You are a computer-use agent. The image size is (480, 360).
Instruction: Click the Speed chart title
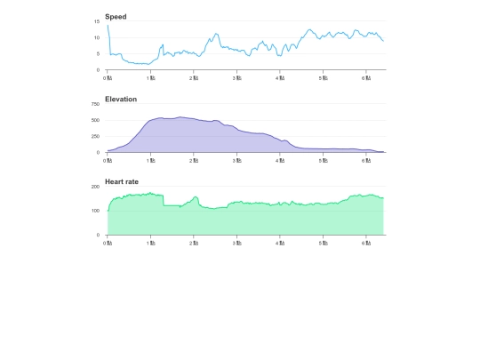(116, 17)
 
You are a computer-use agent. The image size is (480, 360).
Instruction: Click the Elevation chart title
(121, 100)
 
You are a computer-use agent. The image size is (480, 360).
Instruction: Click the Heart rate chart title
(122, 181)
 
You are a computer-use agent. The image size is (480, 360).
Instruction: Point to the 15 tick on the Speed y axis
(97, 21)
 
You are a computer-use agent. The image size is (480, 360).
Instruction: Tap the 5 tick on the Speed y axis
(99, 53)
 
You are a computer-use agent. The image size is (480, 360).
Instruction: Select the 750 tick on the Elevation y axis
(95, 104)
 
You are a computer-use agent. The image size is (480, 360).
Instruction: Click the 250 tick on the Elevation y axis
(95, 136)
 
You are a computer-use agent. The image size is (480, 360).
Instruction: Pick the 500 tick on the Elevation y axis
(95, 120)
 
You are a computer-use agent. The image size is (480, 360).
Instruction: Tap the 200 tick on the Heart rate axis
(95, 187)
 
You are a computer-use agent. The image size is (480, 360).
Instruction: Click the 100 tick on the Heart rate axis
(95, 211)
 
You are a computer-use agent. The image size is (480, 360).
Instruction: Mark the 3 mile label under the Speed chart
(237, 78)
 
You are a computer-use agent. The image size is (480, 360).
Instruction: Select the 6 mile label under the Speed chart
(366, 78)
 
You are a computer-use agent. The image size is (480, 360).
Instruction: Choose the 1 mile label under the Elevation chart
(151, 161)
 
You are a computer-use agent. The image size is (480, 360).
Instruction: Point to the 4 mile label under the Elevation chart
(280, 161)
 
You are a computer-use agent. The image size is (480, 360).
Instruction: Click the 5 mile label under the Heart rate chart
(324, 243)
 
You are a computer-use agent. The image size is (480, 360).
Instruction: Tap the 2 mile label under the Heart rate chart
(194, 243)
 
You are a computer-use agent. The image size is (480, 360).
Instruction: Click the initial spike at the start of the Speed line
(108, 25)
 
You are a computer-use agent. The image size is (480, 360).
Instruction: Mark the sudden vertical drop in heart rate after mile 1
(164, 201)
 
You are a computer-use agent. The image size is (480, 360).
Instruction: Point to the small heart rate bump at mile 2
(196, 197)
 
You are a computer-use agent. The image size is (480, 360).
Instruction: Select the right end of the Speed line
(383, 41)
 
